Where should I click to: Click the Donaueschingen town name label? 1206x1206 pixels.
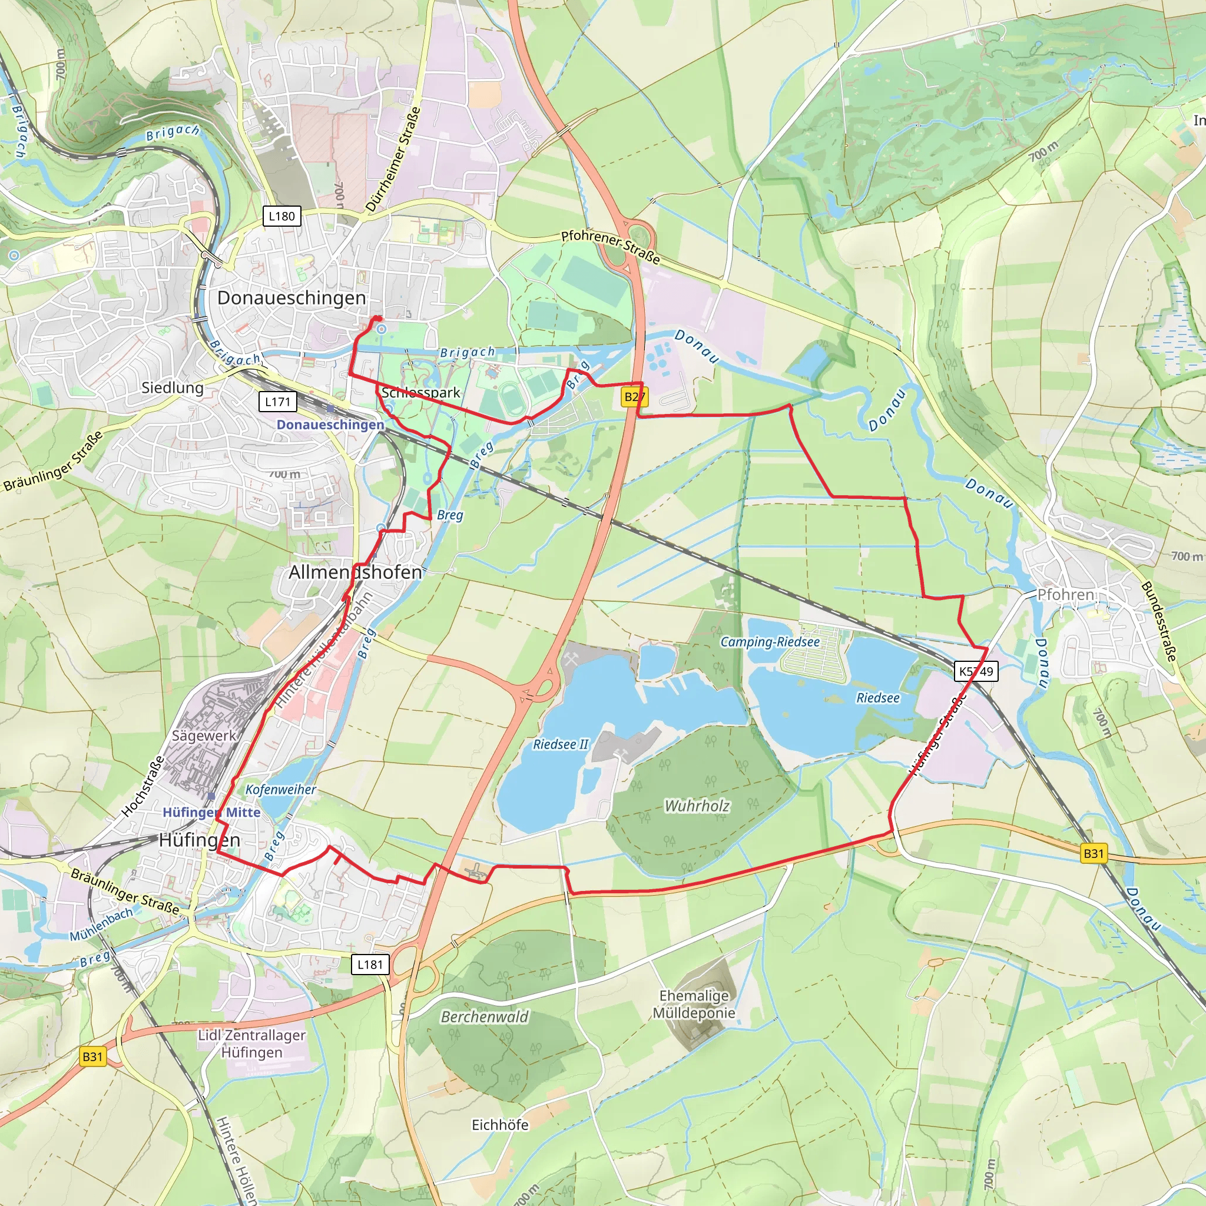291,298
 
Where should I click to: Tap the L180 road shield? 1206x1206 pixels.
281,216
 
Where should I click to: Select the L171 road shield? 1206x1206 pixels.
277,402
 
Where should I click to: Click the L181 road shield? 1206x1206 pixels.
370,964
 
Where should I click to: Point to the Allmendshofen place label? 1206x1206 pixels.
354,572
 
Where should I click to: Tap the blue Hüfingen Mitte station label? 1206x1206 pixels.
211,812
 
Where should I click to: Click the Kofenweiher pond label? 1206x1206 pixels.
280,790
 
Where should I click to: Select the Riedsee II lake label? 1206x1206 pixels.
560,744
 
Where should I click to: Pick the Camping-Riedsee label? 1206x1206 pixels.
770,642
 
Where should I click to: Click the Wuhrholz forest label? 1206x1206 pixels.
697,806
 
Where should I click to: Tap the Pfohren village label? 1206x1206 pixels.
1065,594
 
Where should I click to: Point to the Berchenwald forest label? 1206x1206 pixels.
485,1017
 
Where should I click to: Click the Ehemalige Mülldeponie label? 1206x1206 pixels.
694,1005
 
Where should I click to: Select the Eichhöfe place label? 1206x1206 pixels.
499,1125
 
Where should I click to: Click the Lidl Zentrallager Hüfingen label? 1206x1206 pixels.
251,1043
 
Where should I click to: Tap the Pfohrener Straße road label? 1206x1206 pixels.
610,247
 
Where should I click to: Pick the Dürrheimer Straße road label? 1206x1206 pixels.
393,159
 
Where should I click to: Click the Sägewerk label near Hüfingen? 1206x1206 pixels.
204,735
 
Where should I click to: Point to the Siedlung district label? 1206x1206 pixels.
173,387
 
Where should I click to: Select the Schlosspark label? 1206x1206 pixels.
420,393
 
